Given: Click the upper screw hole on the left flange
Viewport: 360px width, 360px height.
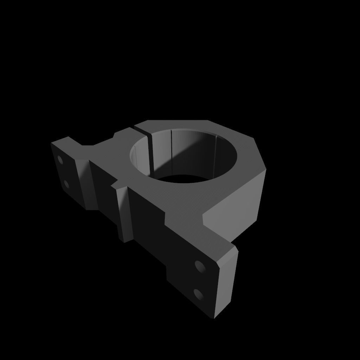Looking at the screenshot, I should [x=60, y=160].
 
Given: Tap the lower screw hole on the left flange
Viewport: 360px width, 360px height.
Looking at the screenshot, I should [x=66, y=184].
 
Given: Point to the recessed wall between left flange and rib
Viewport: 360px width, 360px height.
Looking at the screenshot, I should [x=104, y=190].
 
